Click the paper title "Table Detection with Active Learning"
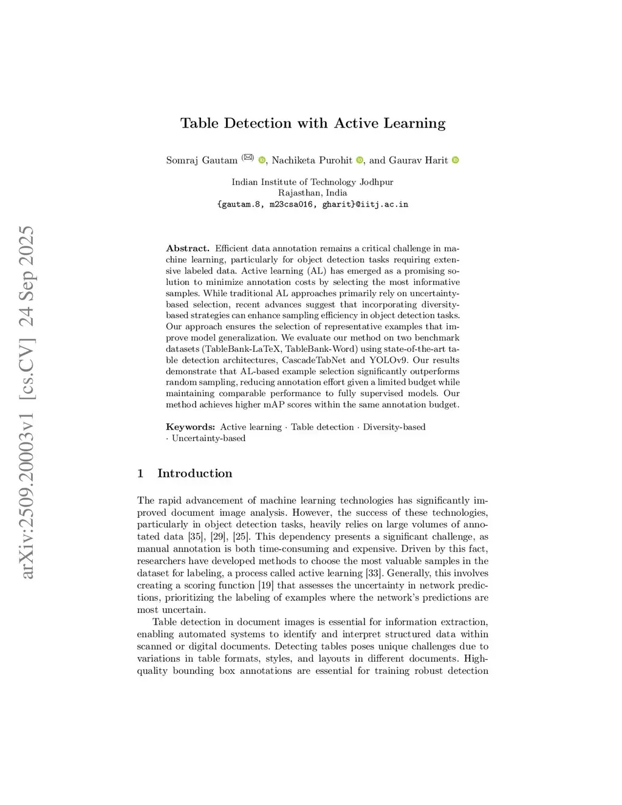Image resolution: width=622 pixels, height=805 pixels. [313, 123]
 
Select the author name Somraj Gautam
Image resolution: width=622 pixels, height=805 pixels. [202, 160]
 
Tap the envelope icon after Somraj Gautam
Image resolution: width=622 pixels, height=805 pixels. [247, 157]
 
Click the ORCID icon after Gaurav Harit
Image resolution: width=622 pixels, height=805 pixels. [456, 160]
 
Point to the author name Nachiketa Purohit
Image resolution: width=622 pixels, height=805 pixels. [312, 160]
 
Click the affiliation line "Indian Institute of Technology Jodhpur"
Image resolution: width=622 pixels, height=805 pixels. [312, 182]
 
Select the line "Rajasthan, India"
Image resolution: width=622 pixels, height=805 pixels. [312, 193]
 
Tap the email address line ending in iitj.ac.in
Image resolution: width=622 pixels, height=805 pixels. [312, 205]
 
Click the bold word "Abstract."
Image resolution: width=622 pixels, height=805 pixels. [188, 248]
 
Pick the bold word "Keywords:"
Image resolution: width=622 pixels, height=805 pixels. [190, 427]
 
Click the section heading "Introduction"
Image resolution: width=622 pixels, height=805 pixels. [194, 473]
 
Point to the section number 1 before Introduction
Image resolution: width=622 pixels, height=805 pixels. [140, 473]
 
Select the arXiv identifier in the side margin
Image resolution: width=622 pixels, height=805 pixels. [27, 402]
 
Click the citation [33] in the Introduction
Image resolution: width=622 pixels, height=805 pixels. [374, 574]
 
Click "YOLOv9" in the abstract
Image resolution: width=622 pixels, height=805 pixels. [388, 360]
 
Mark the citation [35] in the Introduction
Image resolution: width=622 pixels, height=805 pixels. [196, 537]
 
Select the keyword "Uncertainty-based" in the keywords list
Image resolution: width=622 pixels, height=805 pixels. [208, 439]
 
